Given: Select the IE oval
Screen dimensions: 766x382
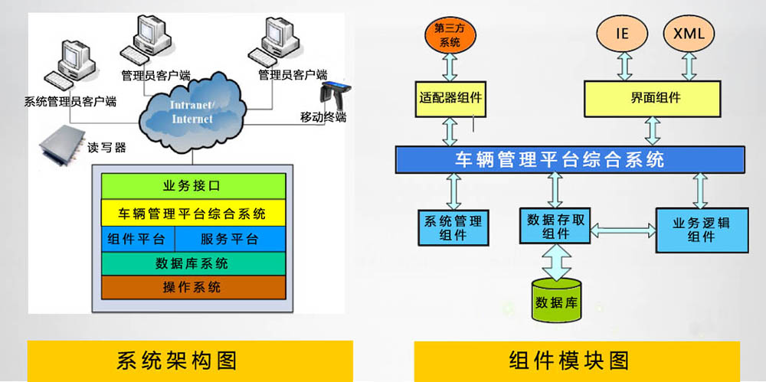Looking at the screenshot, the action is (622, 34).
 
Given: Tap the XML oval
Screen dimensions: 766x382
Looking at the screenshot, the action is (689, 34).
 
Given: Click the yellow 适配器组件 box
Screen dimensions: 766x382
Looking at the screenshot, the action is (450, 99).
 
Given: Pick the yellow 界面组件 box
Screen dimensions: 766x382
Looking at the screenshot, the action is (653, 99).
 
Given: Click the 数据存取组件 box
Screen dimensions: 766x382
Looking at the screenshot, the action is (555, 226).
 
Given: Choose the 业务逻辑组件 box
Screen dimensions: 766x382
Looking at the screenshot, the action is (702, 230).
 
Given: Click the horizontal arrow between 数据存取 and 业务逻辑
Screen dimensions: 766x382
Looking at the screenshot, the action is (624, 230).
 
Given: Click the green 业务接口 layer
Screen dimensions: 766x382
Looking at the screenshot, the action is (194, 186).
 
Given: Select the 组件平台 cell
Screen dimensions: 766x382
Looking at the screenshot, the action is (138, 239).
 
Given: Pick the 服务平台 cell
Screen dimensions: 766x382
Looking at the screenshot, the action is (230, 239).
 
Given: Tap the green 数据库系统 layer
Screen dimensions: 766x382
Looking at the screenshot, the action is (194, 264).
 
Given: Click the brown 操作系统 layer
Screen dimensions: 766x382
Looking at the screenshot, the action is (194, 287).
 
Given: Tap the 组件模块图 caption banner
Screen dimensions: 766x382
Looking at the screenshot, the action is (577, 361).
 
